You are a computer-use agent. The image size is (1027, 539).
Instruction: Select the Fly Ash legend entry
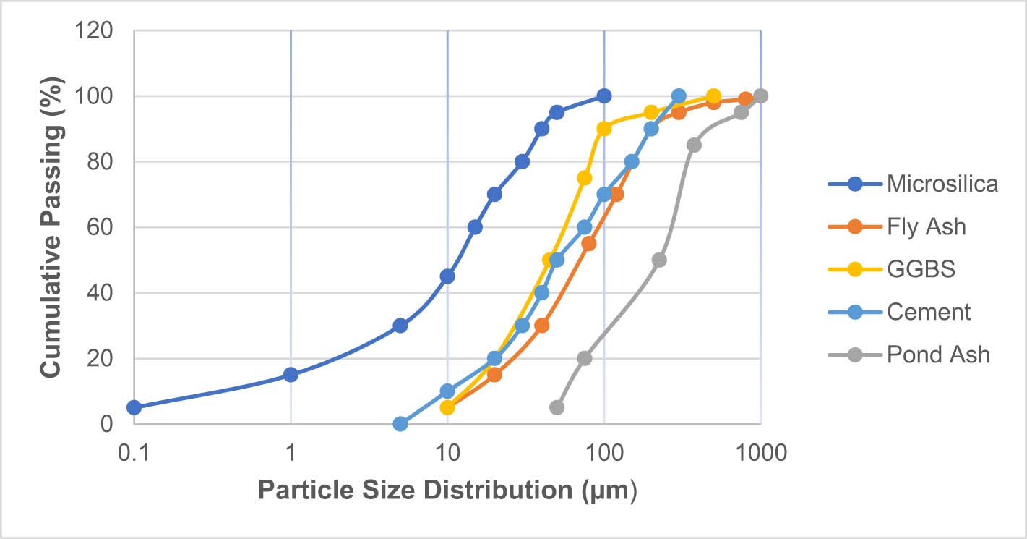pos(926,226)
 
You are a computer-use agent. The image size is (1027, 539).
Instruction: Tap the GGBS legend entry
pos(921,269)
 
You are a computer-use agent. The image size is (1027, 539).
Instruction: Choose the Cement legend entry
pos(929,312)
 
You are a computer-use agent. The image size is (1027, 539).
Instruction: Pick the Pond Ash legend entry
pos(938,355)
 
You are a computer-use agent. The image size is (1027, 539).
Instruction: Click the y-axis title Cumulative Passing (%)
pos(50,227)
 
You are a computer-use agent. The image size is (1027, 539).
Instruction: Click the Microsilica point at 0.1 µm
pos(134,407)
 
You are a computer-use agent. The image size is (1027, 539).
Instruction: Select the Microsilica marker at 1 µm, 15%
pos(291,375)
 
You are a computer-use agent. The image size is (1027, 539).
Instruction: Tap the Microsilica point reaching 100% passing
pos(604,96)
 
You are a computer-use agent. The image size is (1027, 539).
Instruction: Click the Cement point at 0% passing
pos(400,424)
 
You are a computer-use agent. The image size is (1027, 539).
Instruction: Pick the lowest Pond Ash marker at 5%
pos(557,407)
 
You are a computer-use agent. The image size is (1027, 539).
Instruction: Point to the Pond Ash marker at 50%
pos(659,260)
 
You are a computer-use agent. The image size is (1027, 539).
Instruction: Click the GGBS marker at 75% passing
pos(585,178)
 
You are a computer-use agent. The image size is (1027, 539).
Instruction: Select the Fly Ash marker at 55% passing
pos(589,244)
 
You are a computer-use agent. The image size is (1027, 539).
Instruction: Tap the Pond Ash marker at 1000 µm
pos(760,96)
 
